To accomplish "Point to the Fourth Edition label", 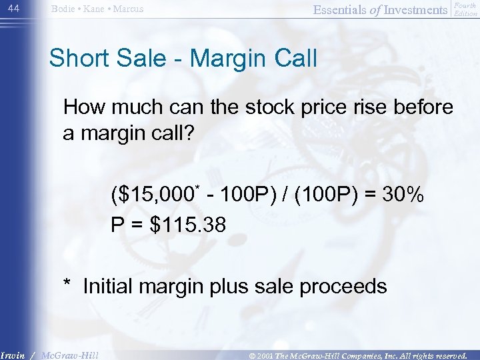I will tap(465, 9).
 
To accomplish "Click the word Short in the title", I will tap(79, 59).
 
